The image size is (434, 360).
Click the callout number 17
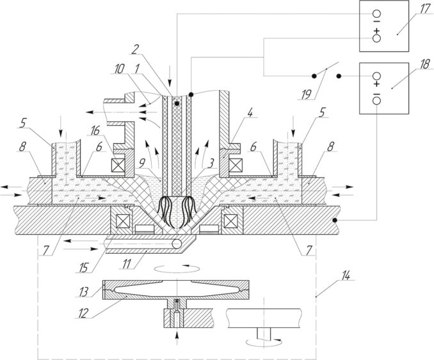424,10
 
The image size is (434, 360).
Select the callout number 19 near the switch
306,94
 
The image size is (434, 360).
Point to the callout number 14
345,276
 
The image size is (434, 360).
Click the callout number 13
84,292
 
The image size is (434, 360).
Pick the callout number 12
83,313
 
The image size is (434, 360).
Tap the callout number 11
127,263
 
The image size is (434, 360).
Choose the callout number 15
84,267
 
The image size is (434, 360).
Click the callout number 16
95,131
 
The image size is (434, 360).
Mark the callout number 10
119,69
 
